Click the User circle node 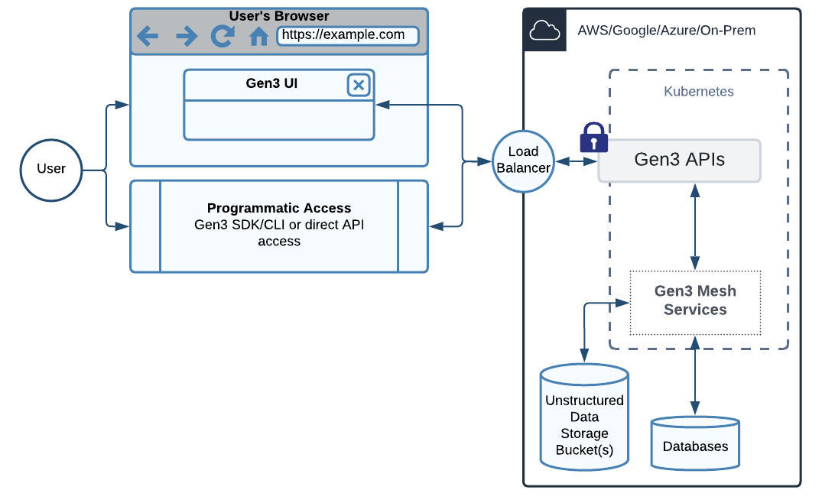click(x=50, y=169)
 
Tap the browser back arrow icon click(x=148, y=36)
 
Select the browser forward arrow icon click(x=186, y=36)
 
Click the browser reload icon click(x=223, y=36)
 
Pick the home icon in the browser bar click(x=258, y=36)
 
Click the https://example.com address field click(x=348, y=35)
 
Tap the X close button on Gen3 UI click(x=359, y=85)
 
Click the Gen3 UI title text click(x=271, y=83)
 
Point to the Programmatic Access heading click(x=279, y=208)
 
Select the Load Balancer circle click(x=523, y=161)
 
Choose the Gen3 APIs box click(x=679, y=161)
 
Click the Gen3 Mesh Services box click(x=695, y=301)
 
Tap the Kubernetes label click(x=698, y=92)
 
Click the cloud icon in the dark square click(x=544, y=31)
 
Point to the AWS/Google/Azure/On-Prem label click(x=666, y=31)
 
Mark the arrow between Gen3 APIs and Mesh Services click(x=695, y=226)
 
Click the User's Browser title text click(x=279, y=15)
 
